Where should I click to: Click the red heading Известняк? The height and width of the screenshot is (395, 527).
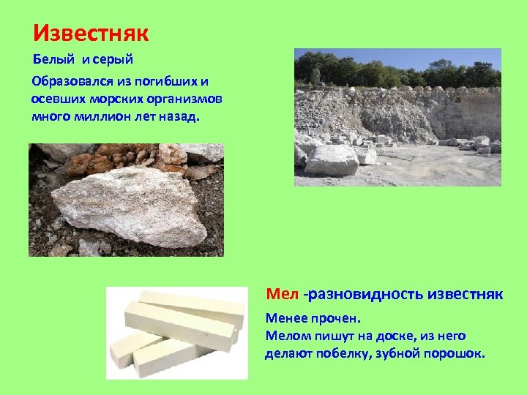point(91,33)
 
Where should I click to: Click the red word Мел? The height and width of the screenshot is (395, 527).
point(282,294)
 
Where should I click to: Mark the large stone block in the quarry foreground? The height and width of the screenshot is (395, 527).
point(330,159)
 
